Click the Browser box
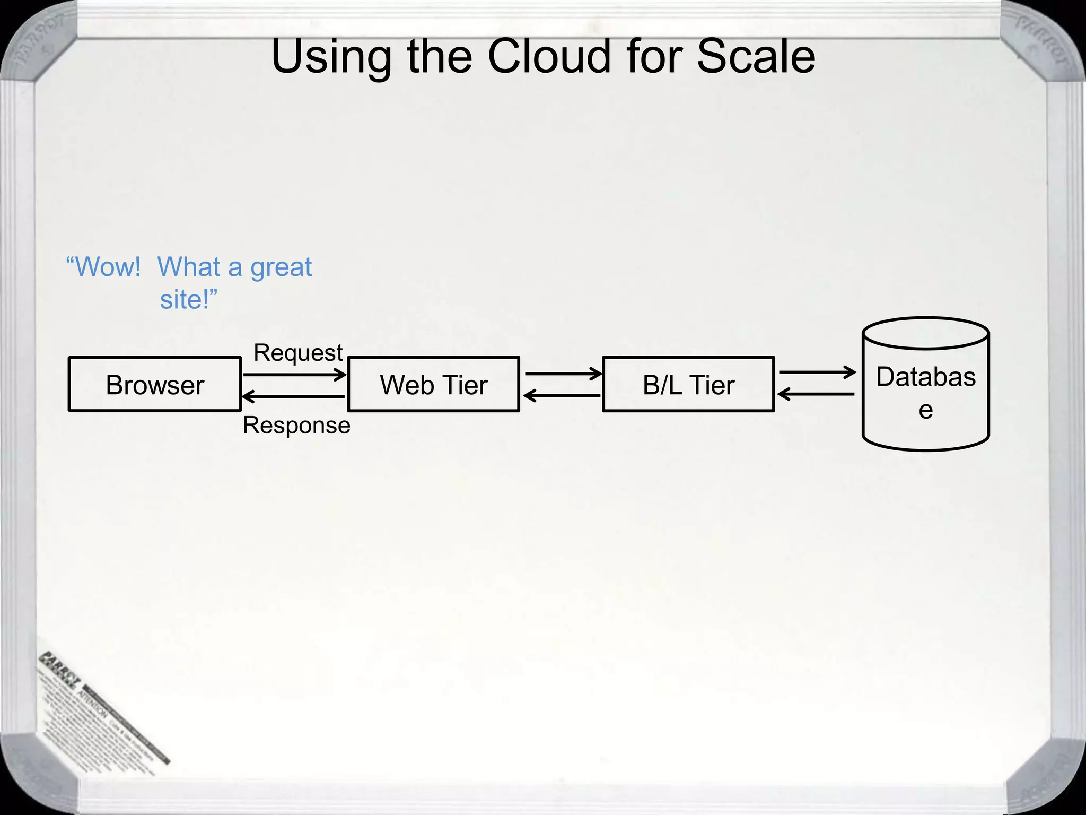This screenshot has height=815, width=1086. [155, 384]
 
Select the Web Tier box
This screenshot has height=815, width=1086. [433, 384]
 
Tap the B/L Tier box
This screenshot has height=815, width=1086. [688, 384]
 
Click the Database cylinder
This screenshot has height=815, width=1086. [926, 384]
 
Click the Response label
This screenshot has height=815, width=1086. [296, 426]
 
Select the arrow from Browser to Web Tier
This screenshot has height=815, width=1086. [294, 375]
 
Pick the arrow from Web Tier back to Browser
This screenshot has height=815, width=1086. [293, 396]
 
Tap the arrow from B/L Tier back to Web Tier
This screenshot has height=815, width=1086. [562, 395]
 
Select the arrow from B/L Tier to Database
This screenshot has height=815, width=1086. [817, 372]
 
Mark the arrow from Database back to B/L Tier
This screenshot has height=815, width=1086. [816, 394]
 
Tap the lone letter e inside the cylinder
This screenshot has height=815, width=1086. [926, 410]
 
